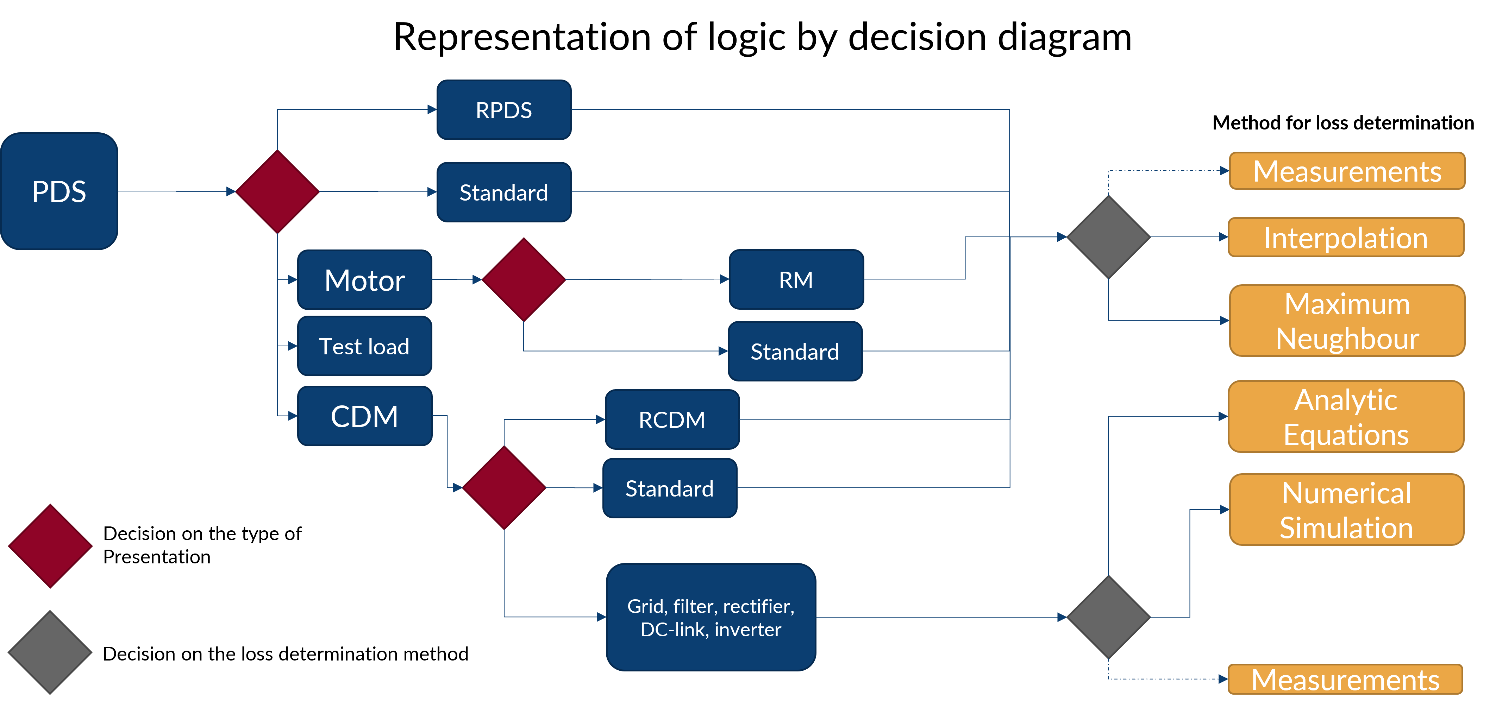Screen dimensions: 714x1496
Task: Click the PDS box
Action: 59,191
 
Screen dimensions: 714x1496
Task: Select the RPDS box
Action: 503,110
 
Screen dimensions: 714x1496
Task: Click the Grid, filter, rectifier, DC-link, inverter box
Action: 711,618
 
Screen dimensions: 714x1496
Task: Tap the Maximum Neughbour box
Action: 1347,321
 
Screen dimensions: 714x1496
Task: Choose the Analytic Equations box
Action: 1346,417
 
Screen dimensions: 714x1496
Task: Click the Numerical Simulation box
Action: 1346,510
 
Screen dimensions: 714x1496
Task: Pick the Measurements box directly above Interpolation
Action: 1347,171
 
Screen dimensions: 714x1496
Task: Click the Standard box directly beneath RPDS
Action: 503,192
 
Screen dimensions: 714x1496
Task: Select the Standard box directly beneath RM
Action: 795,351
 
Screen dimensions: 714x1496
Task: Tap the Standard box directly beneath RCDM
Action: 670,488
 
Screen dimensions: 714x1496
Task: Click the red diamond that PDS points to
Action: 277,191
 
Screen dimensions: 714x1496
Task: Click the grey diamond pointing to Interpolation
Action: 1109,237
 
